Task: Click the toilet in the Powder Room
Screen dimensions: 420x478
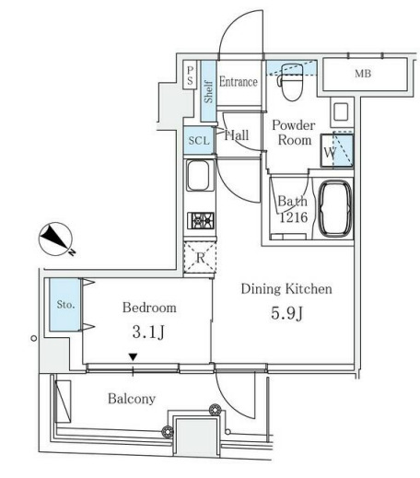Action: [x=291, y=82]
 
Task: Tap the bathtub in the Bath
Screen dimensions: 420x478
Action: [x=335, y=208]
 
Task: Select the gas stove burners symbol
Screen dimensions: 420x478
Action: [x=201, y=220]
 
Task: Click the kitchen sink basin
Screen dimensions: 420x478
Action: [x=198, y=176]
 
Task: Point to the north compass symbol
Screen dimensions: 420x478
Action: [x=56, y=239]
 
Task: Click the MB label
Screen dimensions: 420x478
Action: [x=363, y=74]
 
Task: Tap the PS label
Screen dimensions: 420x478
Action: [x=191, y=76]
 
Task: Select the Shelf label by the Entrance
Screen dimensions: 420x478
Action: [x=208, y=91]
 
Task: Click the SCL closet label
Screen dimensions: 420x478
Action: [x=199, y=141]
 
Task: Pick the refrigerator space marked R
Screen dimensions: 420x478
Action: [x=200, y=257]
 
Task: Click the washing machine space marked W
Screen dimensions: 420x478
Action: [x=337, y=150]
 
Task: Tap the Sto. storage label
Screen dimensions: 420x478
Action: [x=65, y=305]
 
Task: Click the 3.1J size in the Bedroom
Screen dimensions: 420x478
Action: [x=148, y=332]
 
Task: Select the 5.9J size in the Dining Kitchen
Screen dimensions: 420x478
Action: [x=287, y=313]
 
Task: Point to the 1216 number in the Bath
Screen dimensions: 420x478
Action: [x=294, y=217]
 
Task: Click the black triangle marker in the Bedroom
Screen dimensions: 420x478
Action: [x=133, y=357]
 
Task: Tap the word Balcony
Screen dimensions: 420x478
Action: [x=132, y=399]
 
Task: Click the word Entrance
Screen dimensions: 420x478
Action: [x=239, y=82]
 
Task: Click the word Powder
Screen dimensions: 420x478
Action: [x=294, y=125]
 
